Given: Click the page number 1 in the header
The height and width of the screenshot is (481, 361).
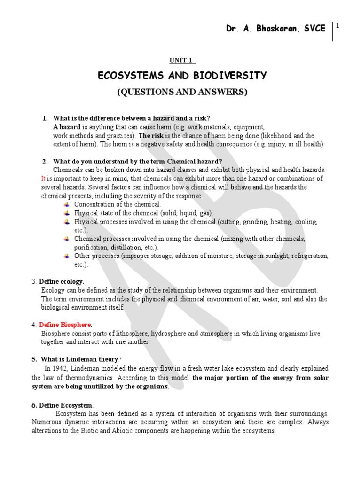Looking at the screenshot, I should [337, 26].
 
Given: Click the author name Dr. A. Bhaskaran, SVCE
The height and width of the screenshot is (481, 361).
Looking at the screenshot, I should [275, 29].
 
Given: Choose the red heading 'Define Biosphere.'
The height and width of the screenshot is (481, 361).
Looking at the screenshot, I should [66, 325].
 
